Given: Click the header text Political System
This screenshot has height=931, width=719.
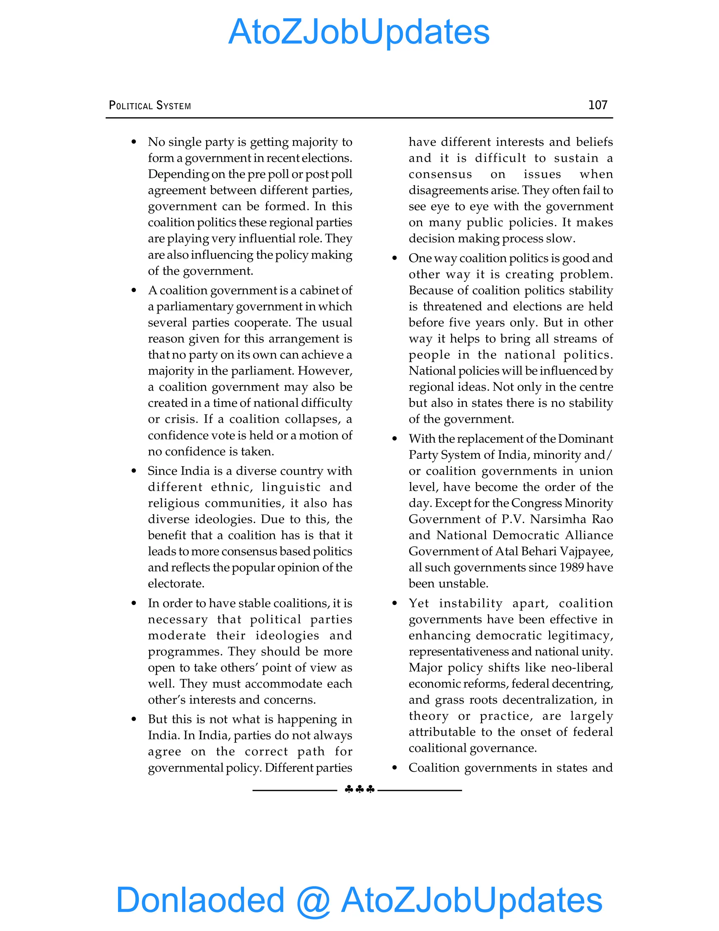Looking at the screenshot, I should click(x=150, y=105).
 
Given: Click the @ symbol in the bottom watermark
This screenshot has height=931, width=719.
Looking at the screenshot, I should click(x=313, y=900).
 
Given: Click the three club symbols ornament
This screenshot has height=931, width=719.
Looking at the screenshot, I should click(x=359, y=789).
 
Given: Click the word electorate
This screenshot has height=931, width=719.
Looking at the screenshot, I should click(x=176, y=584).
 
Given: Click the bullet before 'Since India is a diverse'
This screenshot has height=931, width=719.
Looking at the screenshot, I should click(x=134, y=471).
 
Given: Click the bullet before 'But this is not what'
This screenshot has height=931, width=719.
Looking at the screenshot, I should click(x=134, y=720).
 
